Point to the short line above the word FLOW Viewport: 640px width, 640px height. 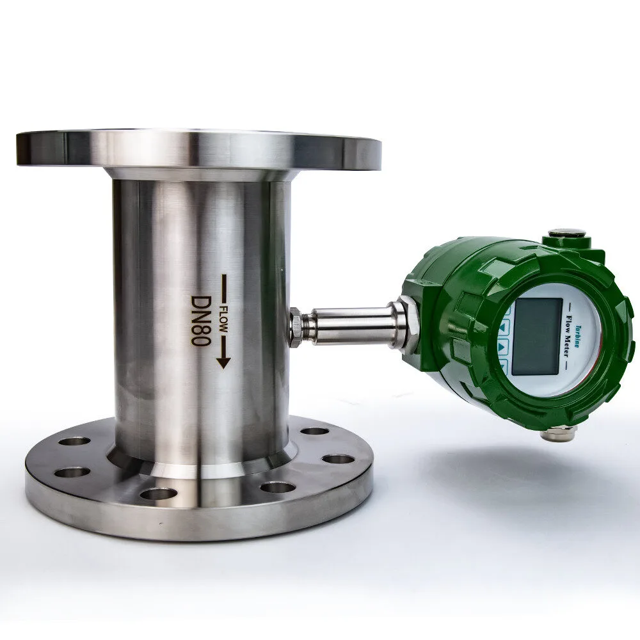pos(223,287)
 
